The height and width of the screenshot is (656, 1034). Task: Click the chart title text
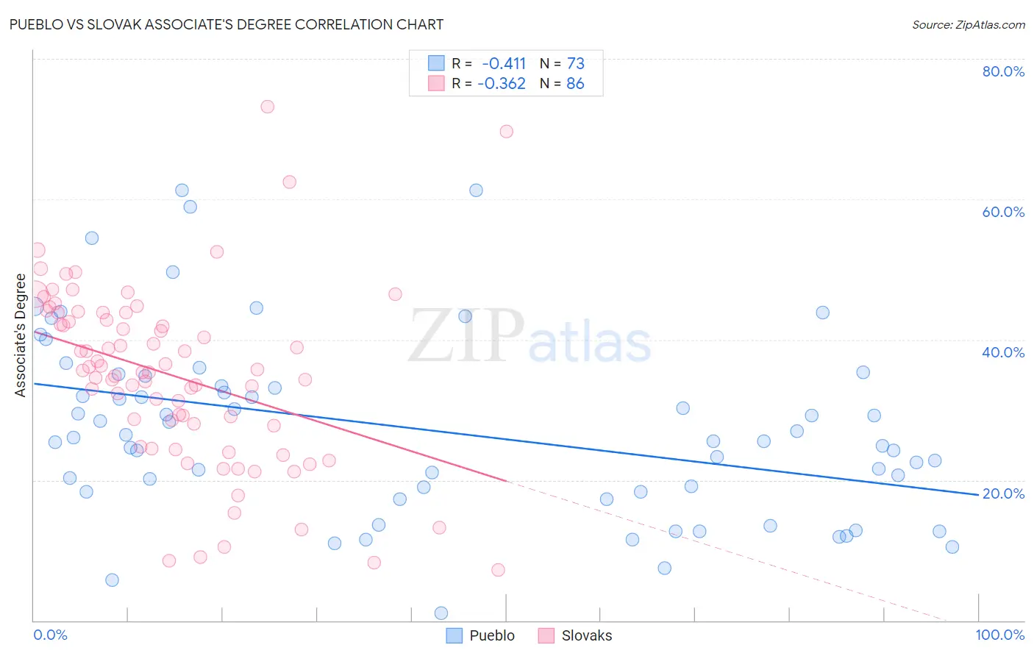click(227, 24)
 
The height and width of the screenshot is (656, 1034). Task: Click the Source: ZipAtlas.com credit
click(968, 25)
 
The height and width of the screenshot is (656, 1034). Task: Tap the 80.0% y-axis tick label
click(1003, 71)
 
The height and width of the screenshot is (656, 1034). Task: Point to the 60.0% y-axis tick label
click(1003, 212)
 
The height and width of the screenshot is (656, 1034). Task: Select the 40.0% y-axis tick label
click(1003, 352)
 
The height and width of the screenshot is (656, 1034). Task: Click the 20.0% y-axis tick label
click(1003, 493)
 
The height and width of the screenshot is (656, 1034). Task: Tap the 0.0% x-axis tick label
click(50, 635)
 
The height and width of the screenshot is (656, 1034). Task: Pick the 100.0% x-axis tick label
click(999, 635)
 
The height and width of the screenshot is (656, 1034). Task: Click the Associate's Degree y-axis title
click(21, 335)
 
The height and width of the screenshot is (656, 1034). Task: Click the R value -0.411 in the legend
click(504, 63)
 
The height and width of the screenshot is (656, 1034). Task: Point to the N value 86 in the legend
click(575, 84)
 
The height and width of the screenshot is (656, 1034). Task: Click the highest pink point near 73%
click(268, 107)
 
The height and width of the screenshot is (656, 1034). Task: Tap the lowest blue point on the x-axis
click(441, 613)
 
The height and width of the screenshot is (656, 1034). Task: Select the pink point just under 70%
click(506, 132)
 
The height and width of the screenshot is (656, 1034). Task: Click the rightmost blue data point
click(952, 546)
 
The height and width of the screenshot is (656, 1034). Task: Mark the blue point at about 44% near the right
click(823, 313)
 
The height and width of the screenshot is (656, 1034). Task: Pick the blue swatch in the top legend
click(437, 63)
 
